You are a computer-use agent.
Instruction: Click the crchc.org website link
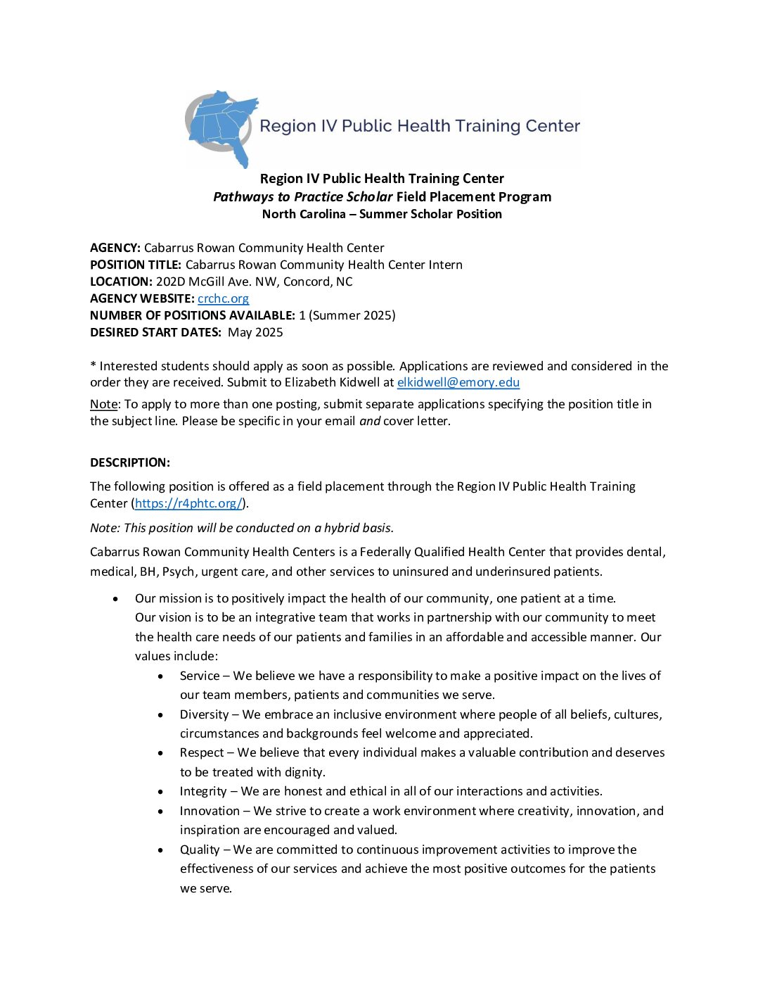tap(223, 298)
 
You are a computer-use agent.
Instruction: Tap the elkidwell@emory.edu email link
tap(458, 382)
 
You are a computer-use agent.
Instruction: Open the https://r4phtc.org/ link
tap(188, 503)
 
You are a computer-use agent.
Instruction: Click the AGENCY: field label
tap(115, 248)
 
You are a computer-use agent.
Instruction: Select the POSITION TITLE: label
tap(136, 265)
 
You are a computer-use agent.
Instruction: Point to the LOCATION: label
tap(121, 282)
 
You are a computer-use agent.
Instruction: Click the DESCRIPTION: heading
tap(130, 462)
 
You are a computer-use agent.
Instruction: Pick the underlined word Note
tap(103, 404)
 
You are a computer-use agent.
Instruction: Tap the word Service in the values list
tap(200, 676)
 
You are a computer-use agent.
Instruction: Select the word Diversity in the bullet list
tap(204, 714)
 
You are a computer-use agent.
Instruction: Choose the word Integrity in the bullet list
tap(203, 791)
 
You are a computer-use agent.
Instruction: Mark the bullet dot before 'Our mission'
tap(116, 598)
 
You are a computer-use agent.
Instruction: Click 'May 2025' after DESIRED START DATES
tap(255, 332)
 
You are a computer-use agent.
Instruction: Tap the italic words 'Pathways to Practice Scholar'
tap(303, 197)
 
